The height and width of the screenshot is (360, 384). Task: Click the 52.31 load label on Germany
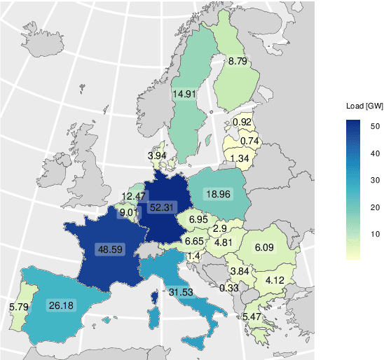click(x=163, y=207)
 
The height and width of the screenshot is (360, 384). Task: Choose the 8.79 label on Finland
click(x=238, y=62)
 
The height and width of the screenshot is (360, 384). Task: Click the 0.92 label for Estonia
click(x=242, y=123)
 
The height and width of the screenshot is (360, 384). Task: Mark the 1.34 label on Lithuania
click(x=240, y=158)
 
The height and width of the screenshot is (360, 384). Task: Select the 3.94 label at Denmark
click(x=157, y=155)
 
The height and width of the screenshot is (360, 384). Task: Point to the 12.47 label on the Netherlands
click(x=135, y=196)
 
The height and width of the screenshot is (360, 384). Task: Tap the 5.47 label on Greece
click(x=254, y=317)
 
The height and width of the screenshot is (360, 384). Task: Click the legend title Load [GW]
click(x=364, y=106)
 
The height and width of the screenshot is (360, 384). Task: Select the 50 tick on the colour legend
click(x=376, y=126)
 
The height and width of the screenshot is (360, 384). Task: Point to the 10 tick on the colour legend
click(x=376, y=233)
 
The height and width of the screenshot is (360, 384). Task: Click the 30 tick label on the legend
click(x=376, y=180)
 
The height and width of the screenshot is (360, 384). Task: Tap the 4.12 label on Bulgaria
click(x=273, y=281)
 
